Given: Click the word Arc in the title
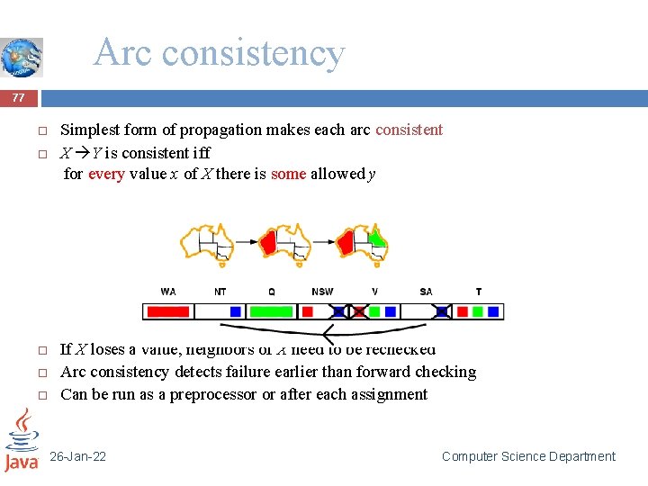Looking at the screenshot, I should click(121, 53).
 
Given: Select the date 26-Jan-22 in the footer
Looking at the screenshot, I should click(77, 457).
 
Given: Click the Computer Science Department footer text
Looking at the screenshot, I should click(528, 457).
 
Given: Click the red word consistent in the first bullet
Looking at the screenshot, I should click(409, 130).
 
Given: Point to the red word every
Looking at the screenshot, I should click(106, 174).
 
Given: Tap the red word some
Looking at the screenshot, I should click(288, 174).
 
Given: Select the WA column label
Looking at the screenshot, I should click(168, 292).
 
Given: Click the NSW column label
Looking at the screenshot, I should click(321, 292).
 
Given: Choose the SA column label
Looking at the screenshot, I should click(426, 292).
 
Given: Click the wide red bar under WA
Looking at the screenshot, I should click(167, 311).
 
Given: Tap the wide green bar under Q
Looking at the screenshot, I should click(271, 311).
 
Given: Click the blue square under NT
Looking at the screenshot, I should click(235, 311).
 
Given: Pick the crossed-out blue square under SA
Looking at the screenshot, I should click(442, 311).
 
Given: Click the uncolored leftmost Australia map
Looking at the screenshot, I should click(206, 242).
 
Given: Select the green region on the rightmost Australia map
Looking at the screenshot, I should click(378, 238).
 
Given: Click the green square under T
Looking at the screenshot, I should click(478, 311).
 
